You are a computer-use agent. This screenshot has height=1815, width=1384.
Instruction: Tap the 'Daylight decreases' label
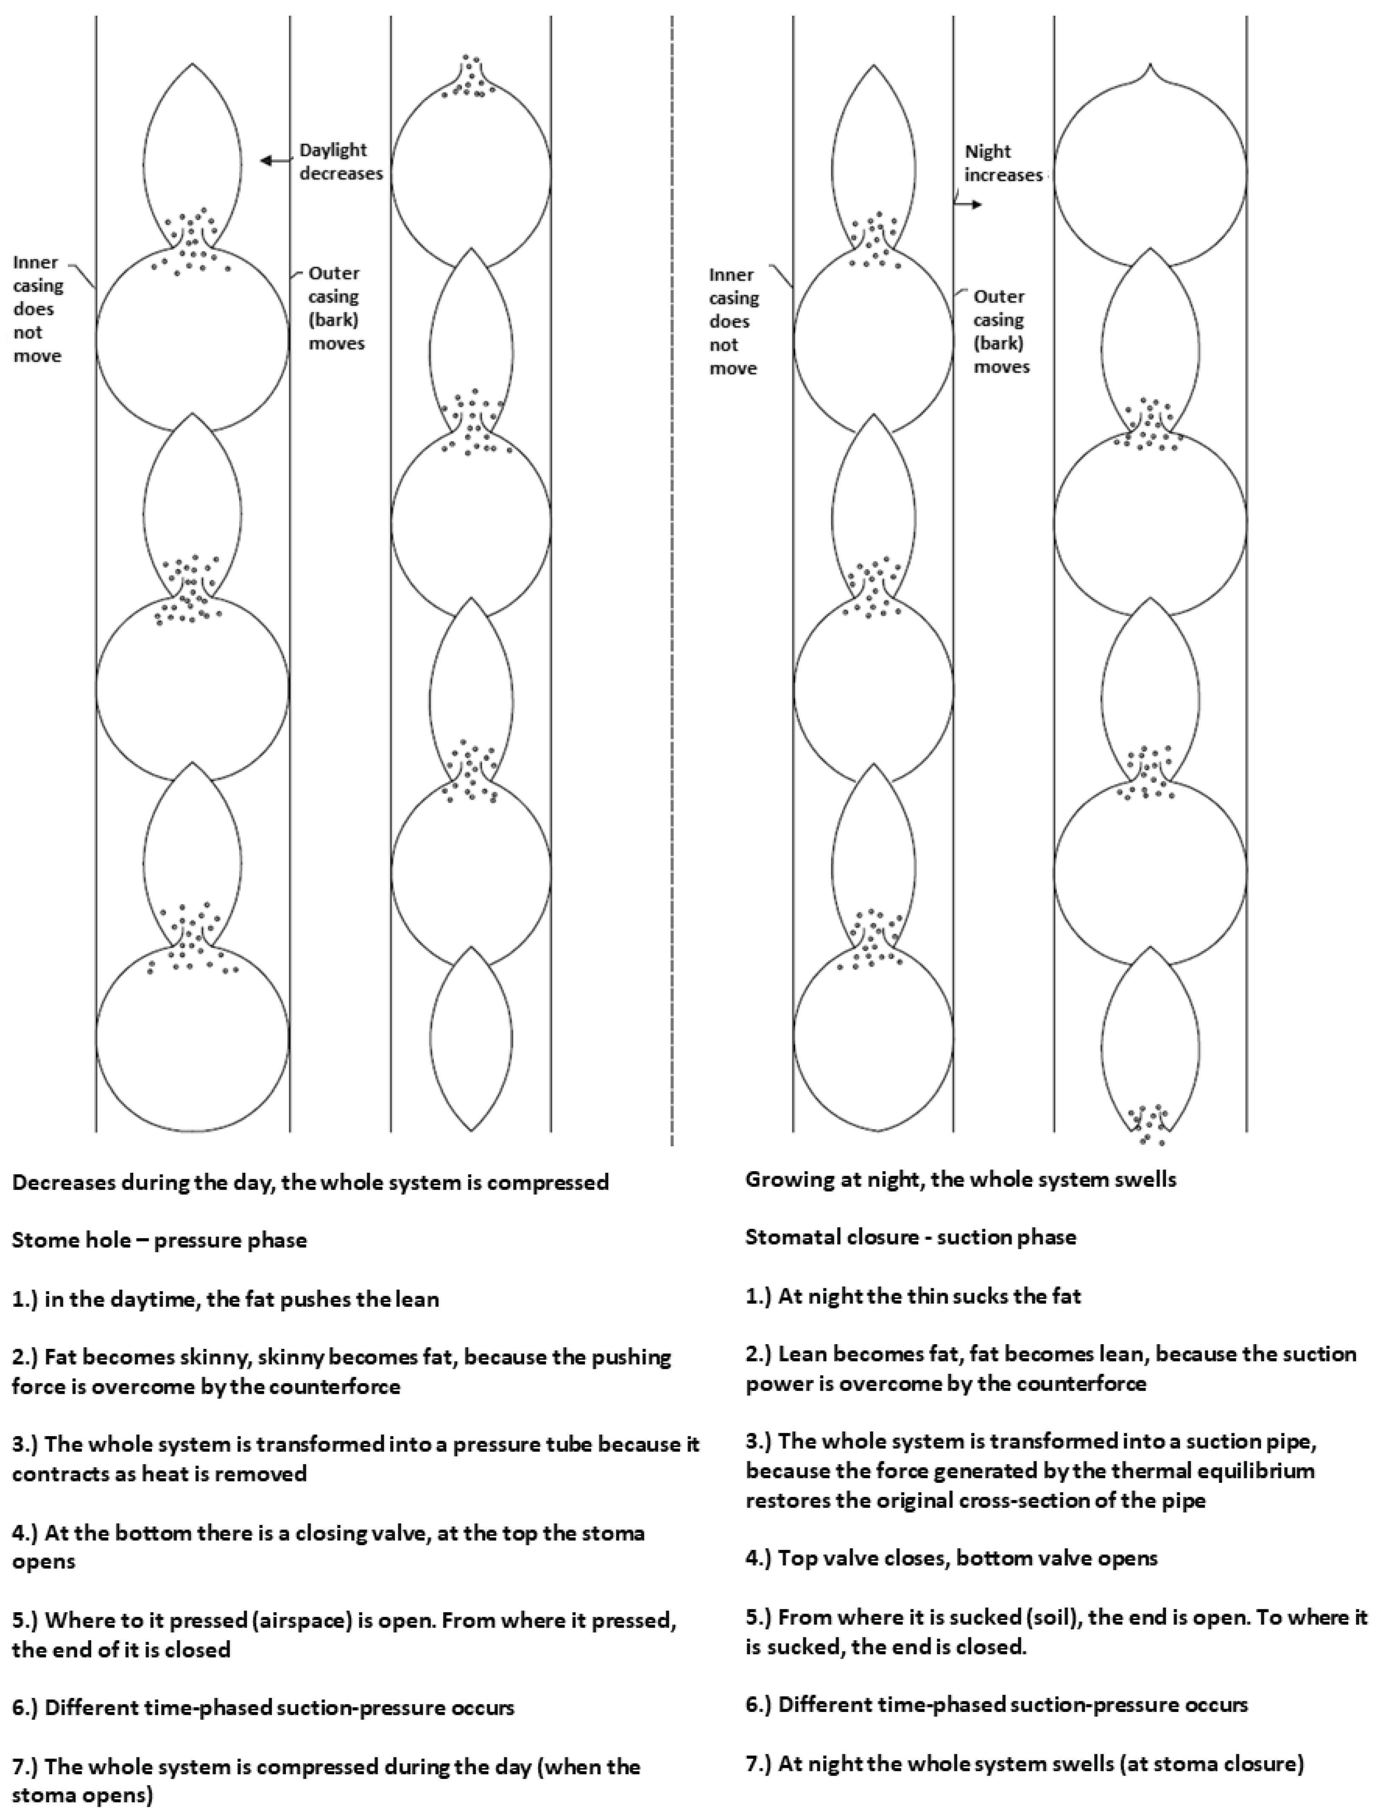[340, 162]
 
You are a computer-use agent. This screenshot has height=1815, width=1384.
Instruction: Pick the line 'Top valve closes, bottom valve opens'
[951, 1558]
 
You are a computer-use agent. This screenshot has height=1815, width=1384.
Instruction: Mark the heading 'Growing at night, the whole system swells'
[961, 1179]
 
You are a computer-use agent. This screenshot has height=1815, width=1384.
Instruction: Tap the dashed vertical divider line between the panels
[672, 577]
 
